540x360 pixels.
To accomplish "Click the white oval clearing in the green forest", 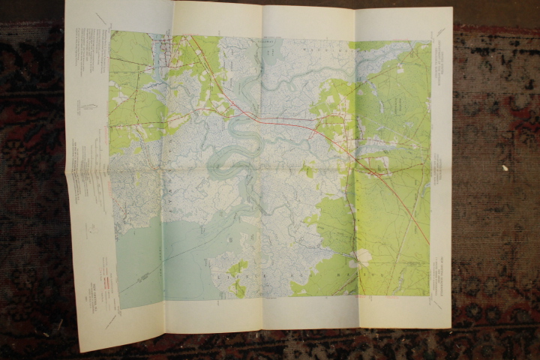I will click(363, 257).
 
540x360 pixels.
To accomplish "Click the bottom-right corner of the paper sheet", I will click(450, 328).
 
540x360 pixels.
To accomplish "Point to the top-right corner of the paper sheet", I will click(452, 8).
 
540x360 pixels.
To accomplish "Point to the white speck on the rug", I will click(505, 167).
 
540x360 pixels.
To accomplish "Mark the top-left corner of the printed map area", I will click(110, 31).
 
